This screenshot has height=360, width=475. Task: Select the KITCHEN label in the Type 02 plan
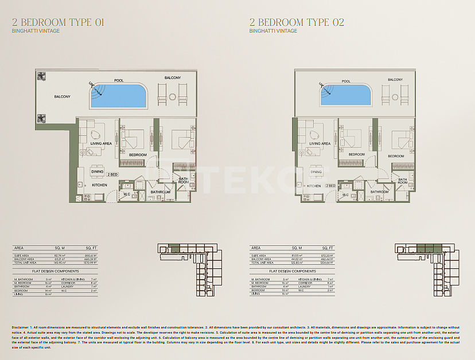point(314,186)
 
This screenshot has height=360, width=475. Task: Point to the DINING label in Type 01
point(97,171)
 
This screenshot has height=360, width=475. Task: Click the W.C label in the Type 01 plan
point(126,194)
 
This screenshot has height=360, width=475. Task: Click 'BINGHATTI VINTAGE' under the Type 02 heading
point(273,31)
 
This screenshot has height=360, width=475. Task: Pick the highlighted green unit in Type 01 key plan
point(175,249)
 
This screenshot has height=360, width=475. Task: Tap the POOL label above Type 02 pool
point(346,81)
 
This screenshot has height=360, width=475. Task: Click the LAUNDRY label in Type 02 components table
point(304,287)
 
